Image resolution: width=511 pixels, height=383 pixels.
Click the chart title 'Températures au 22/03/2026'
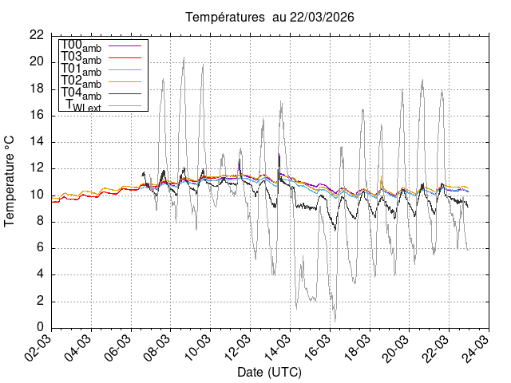[270, 17]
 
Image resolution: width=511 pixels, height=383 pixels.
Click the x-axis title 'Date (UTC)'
[269, 373]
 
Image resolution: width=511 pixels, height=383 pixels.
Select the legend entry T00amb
[81, 45]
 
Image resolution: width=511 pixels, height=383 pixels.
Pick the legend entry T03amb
[81, 57]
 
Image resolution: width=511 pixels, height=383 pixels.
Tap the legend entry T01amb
[81, 69]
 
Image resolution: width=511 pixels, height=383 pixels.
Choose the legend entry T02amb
[81, 81]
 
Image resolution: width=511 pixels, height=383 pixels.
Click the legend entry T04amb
[81, 93]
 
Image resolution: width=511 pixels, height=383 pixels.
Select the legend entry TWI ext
[83, 105]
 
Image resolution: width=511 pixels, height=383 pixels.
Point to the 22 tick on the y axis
[37, 35]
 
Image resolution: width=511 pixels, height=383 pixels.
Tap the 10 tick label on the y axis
[37, 195]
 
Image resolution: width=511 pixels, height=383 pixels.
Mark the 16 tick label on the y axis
[37, 115]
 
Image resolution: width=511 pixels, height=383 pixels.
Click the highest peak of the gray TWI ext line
[184, 57]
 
